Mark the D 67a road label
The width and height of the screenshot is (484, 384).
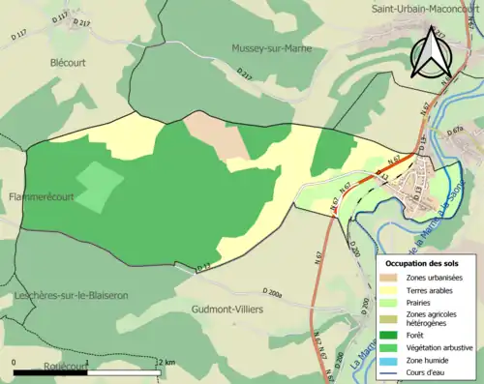point(458,131)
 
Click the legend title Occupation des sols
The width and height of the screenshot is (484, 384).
point(427,263)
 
